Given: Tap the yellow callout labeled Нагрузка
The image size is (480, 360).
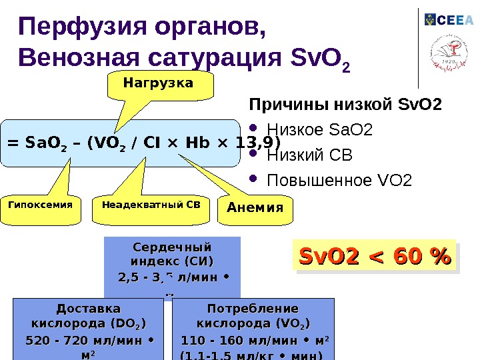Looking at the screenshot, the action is [x=158, y=83].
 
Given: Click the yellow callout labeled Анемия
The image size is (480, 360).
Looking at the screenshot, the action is [x=255, y=207].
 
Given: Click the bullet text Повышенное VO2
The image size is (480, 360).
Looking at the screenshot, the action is [x=339, y=181].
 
